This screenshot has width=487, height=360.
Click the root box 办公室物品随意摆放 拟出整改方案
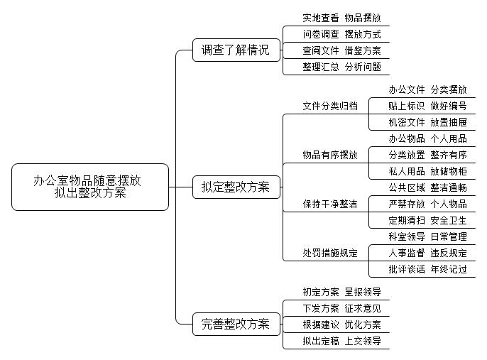(x=90, y=187)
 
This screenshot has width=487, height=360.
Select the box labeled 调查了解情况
(x=236, y=50)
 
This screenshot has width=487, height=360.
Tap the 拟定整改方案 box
(x=236, y=187)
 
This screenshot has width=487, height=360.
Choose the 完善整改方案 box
(x=236, y=324)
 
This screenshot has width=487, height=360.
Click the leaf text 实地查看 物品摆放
(x=341, y=18)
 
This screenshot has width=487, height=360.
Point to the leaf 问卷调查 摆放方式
(x=341, y=34)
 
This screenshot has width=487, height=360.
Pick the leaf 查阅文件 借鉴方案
(x=341, y=50)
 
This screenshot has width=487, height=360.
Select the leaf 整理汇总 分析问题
(x=341, y=67)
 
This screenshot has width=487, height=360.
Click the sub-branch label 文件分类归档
(x=330, y=106)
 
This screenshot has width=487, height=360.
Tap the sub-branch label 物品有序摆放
(x=330, y=155)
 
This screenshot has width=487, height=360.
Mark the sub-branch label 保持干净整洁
(x=330, y=204)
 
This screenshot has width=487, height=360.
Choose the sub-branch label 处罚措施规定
(x=330, y=253)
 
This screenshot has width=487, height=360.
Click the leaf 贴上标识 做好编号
(x=427, y=106)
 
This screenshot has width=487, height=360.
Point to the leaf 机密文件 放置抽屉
(x=427, y=122)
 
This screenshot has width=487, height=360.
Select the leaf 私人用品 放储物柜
(x=427, y=171)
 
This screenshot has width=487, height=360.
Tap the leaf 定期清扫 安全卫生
(x=427, y=221)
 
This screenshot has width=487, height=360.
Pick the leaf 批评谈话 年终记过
(x=427, y=269)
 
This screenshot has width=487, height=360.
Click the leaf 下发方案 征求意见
(x=341, y=308)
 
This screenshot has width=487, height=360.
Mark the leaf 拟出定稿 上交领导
(x=341, y=341)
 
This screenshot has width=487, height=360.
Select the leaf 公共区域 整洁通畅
(x=427, y=187)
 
